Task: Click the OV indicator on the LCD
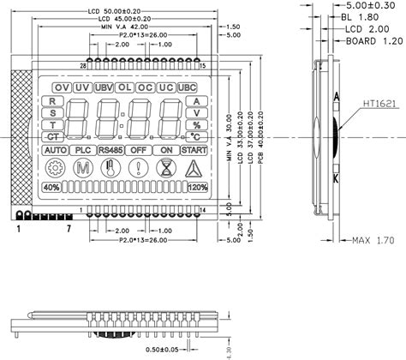(61, 87)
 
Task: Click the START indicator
(194, 150)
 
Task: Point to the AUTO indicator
(55, 150)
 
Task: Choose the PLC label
(83, 150)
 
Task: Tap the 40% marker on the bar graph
(51, 188)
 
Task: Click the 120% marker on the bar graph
(196, 188)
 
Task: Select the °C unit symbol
(196, 136)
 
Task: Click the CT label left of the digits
(53, 136)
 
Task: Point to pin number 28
(83, 66)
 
